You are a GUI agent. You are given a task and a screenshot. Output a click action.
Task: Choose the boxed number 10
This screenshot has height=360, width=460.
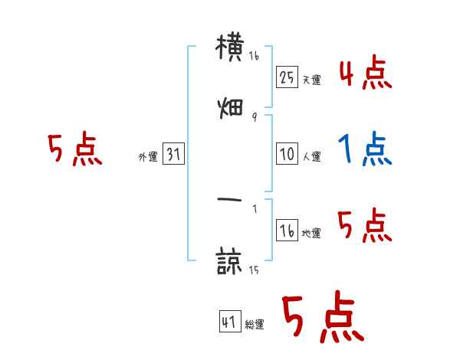[x=287, y=154]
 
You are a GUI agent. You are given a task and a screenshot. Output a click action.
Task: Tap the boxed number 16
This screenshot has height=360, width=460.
[x=287, y=231]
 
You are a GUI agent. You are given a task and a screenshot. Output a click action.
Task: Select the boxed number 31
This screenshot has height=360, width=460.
[x=173, y=154]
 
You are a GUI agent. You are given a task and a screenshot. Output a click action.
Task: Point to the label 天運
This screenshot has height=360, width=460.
[x=311, y=80]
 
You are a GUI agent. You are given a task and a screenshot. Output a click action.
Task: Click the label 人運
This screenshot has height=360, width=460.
[x=311, y=157]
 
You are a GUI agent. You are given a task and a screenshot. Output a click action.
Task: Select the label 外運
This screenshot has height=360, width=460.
[x=148, y=157]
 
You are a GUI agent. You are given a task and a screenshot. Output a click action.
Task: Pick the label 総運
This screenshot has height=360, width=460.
[x=255, y=325]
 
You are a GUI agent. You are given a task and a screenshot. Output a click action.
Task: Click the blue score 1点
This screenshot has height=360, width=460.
[x=365, y=149]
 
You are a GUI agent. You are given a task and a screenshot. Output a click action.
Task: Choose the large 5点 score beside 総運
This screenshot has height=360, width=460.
[x=323, y=318]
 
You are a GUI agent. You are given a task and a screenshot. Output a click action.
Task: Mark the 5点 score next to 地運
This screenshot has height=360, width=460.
[x=365, y=227]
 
